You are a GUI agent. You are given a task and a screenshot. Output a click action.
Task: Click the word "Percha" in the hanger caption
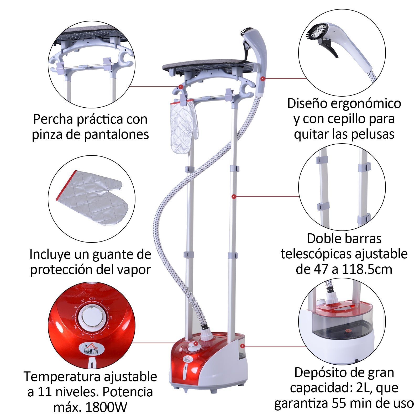(x=53, y=119)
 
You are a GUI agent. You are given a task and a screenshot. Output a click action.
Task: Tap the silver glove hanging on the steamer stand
(x=183, y=126)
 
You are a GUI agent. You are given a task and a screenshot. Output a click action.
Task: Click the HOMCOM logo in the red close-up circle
(x=92, y=349)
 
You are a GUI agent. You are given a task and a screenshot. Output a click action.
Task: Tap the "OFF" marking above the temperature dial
(x=92, y=299)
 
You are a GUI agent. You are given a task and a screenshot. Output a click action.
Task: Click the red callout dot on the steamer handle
(x=262, y=78)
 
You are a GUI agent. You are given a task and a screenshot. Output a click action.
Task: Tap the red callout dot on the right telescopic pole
(x=234, y=197)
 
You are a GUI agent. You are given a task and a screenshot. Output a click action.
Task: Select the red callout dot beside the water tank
(x=243, y=346)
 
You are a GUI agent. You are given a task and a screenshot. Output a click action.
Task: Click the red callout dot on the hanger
(x=181, y=87)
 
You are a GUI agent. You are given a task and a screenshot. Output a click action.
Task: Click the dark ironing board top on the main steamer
(x=207, y=65)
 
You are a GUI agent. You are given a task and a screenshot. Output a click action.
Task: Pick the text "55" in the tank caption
(x=338, y=403)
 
